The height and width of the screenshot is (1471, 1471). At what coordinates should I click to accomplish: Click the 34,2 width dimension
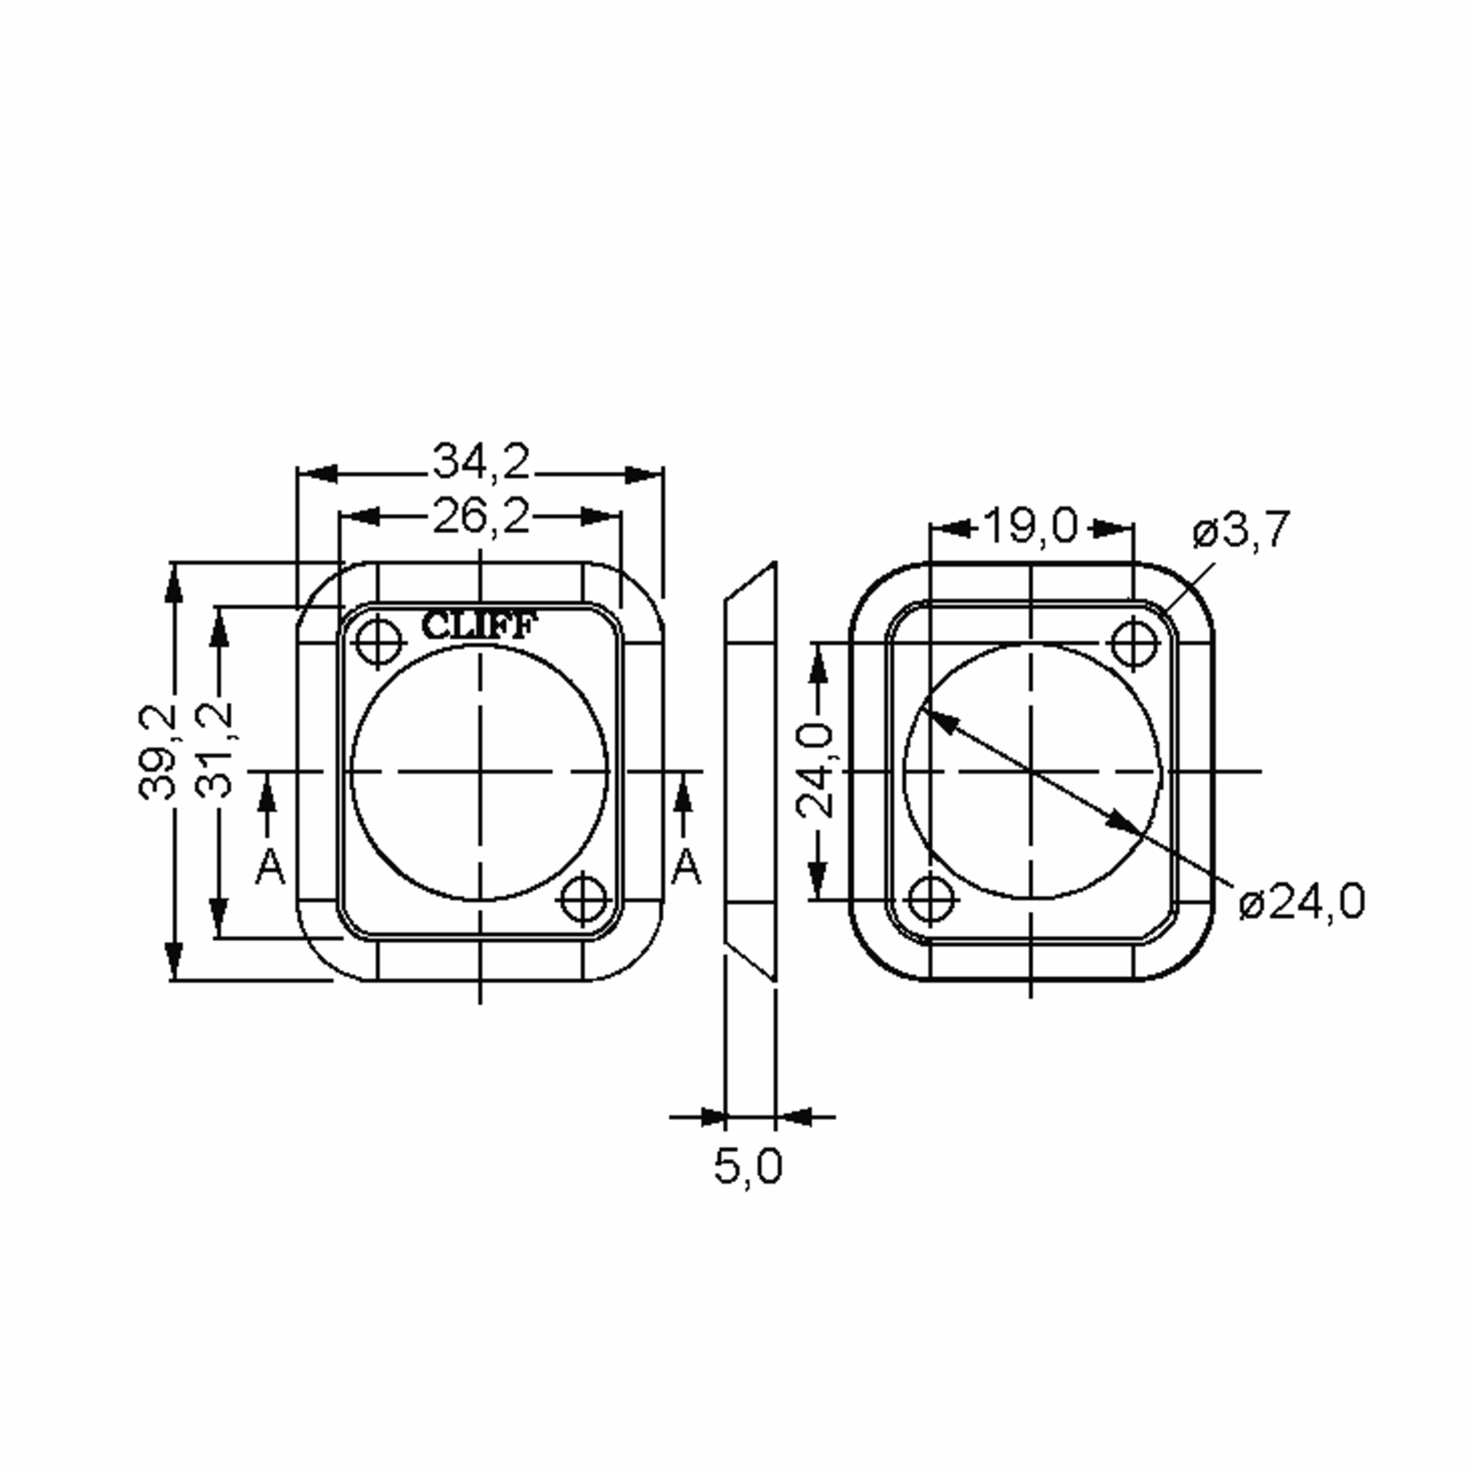481,462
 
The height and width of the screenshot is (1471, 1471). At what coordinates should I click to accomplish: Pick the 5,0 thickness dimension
748,1166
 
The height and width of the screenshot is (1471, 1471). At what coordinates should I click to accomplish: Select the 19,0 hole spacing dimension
1032,525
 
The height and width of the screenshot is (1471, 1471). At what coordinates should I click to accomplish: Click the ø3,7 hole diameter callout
1241,530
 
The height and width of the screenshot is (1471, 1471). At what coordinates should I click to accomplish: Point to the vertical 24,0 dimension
815,770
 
